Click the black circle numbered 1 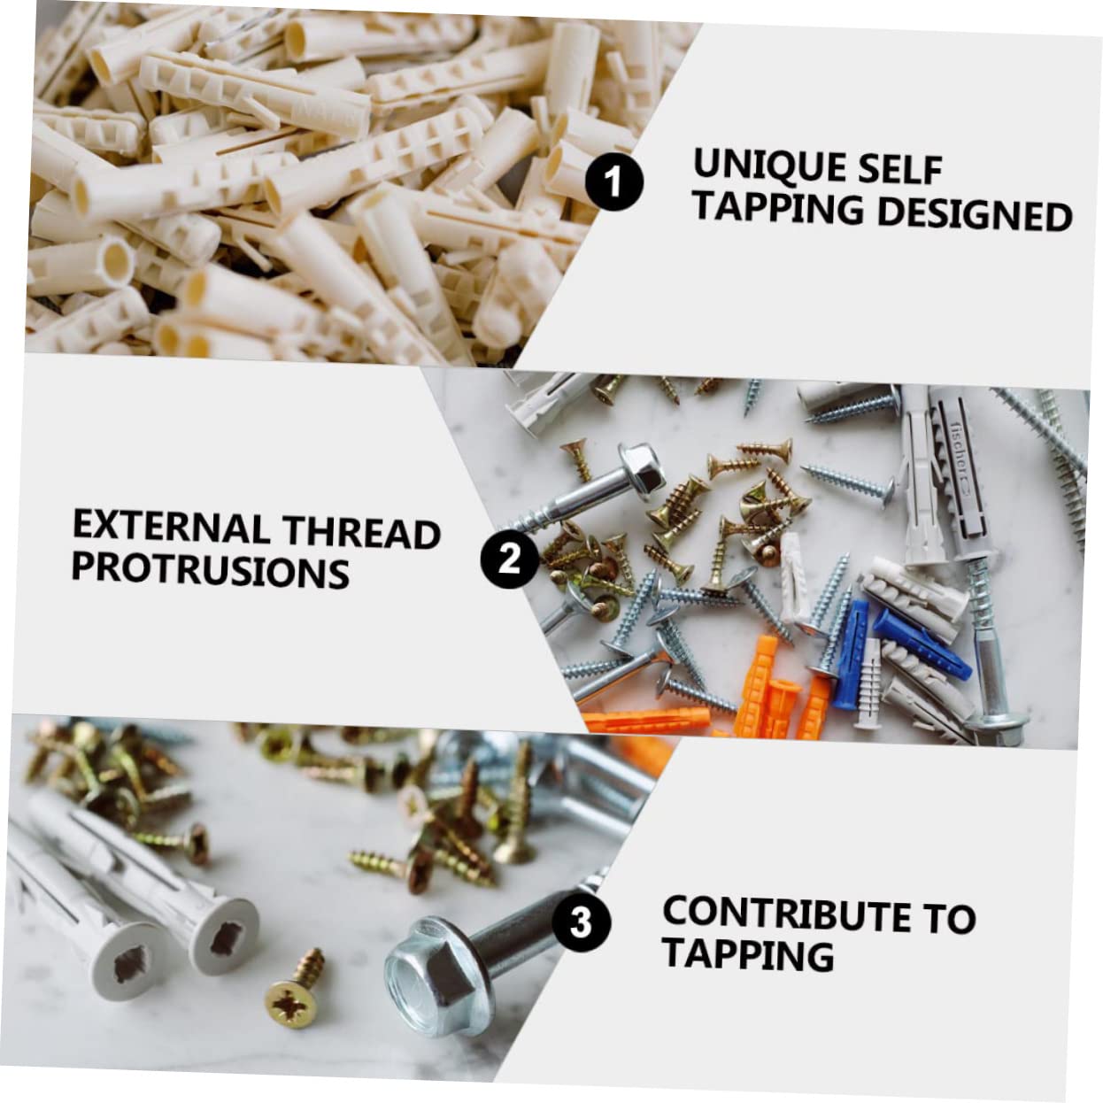(613, 181)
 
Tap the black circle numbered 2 (509, 559)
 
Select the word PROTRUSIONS (211, 571)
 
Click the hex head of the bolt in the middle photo (642, 467)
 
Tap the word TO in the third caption (950, 919)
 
